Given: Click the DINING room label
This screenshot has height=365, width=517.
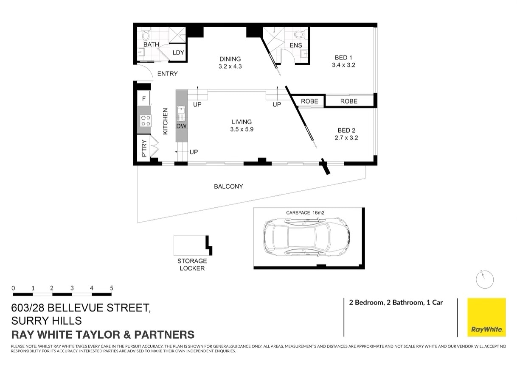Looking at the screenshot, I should pyautogui.click(x=230, y=59).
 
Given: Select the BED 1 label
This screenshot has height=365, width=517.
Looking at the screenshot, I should pyautogui.click(x=343, y=58).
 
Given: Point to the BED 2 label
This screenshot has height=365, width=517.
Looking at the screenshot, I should pyautogui.click(x=343, y=130).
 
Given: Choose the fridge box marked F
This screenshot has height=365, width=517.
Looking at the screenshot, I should pyautogui.click(x=144, y=99).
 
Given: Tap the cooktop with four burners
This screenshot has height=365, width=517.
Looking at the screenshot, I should pyautogui.click(x=145, y=120).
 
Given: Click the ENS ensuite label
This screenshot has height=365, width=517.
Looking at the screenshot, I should pyautogui.click(x=295, y=45).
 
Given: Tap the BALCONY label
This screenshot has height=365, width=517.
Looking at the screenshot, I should pyautogui.click(x=228, y=186).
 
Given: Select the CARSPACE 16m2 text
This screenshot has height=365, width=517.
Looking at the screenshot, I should pyautogui.click(x=305, y=212).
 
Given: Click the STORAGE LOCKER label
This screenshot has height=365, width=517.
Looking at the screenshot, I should pyautogui.click(x=192, y=265).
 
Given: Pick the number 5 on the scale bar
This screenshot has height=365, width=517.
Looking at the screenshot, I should pyautogui.click(x=112, y=288).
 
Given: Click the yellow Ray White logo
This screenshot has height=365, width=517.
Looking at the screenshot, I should pyautogui.click(x=486, y=317).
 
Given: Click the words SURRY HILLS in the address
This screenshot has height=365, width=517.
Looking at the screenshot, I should pyautogui.click(x=47, y=320).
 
